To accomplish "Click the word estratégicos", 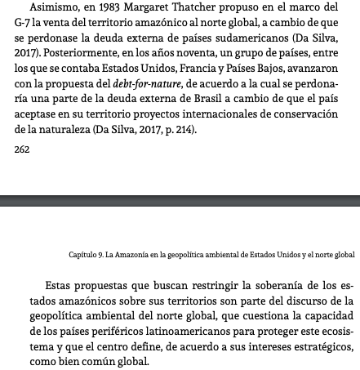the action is (x=304, y=345).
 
